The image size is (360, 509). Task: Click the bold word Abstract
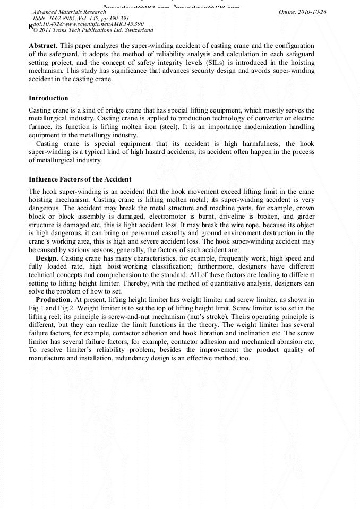click(42, 46)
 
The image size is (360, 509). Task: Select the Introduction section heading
click(48, 98)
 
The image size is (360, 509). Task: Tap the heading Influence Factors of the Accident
click(80, 179)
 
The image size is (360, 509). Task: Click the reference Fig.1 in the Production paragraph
click(38, 308)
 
